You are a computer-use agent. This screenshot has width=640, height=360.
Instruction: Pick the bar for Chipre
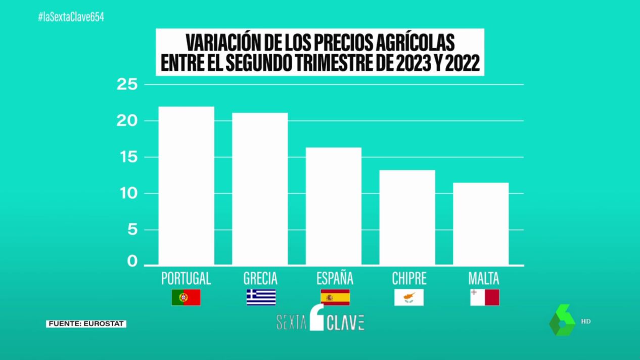[x=407, y=217]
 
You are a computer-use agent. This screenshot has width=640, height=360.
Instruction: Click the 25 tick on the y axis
[x=127, y=85]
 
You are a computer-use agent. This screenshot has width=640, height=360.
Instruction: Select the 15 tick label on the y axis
[x=127, y=158]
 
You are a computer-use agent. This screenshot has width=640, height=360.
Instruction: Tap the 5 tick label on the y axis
[x=131, y=230]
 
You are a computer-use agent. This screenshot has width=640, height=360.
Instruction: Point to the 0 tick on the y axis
[x=132, y=261]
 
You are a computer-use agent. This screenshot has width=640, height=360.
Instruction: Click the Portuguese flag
[x=186, y=297]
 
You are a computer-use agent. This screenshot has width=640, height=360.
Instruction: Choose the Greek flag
[x=261, y=297]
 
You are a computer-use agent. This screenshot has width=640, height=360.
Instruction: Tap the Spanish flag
[x=335, y=297]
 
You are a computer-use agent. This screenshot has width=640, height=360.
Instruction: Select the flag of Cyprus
[x=408, y=297]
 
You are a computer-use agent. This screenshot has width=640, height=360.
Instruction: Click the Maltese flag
[x=484, y=297]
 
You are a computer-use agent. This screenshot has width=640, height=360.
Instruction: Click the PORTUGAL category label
[x=186, y=279]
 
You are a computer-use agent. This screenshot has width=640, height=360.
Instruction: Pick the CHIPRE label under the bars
[x=409, y=279]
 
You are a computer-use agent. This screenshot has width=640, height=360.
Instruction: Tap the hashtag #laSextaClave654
[x=71, y=17]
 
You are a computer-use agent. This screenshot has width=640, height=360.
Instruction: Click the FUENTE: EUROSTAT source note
[x=86, y=324]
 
